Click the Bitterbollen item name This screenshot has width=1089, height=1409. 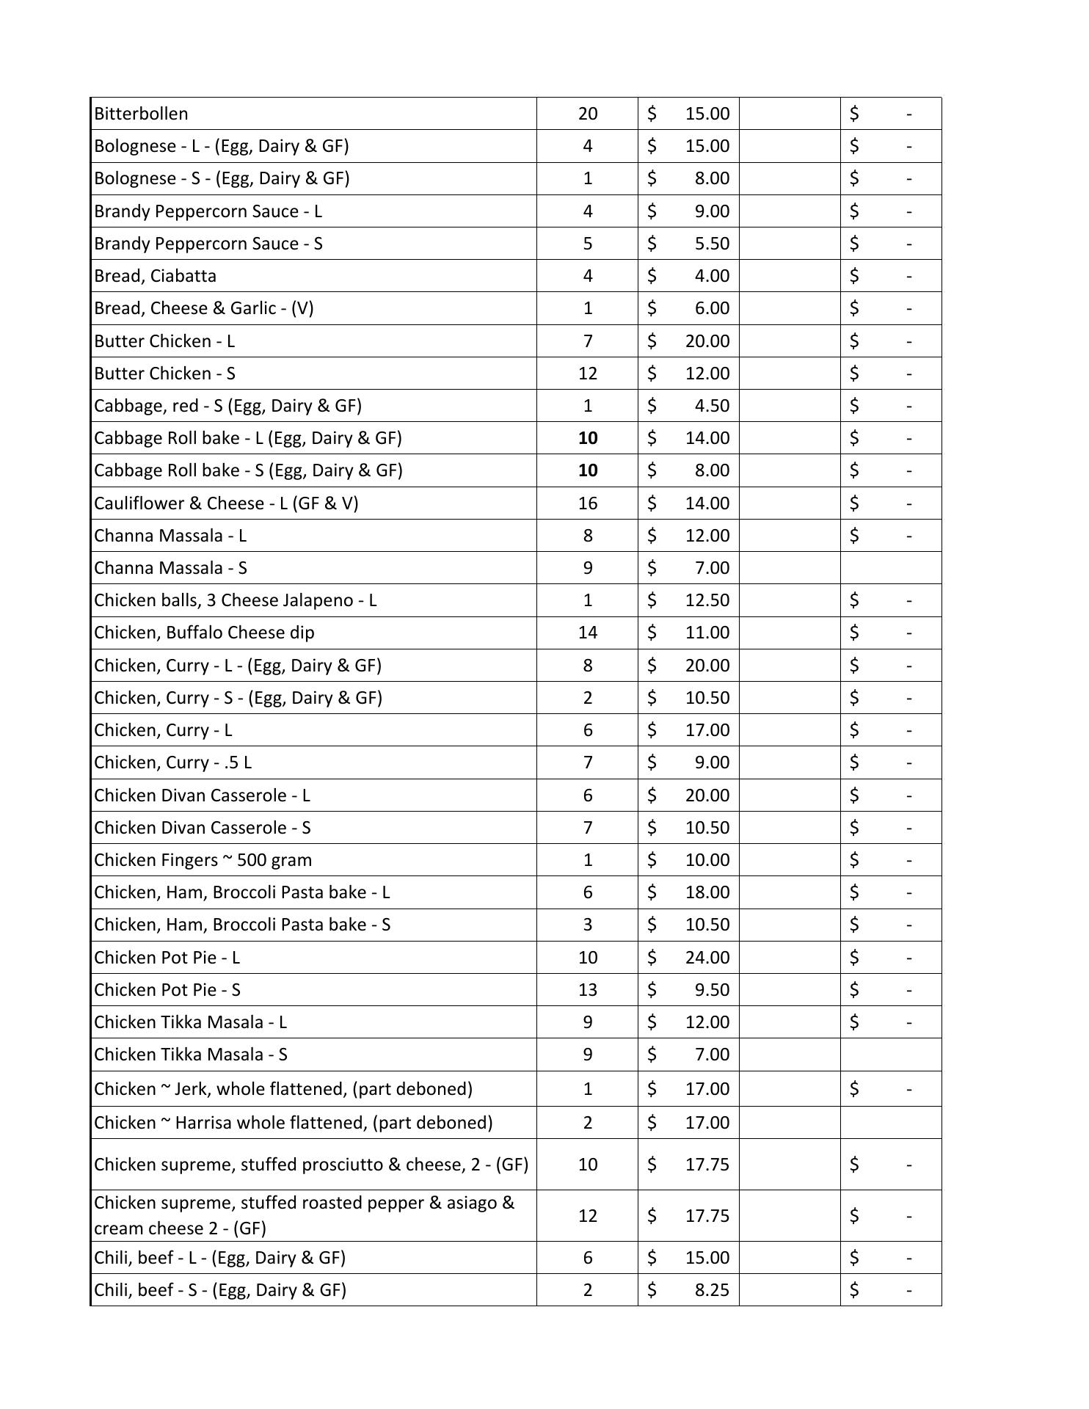pos(141,114)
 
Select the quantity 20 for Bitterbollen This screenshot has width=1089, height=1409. pos(587,114)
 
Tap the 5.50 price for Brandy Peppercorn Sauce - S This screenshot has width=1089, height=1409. pos(711,244)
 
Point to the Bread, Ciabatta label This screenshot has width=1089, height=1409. pos(155,276)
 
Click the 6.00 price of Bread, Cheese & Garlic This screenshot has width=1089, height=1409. pos(711,308)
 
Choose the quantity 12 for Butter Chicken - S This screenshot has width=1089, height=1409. pos(587,374)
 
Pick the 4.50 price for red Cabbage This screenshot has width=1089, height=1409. pos(711,406)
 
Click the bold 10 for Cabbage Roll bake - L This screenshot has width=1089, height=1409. pos(587,438)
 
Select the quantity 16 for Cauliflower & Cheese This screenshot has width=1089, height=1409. pos(587,503)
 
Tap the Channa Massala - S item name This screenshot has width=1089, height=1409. pos(170,568)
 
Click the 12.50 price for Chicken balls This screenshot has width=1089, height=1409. pos(707,600)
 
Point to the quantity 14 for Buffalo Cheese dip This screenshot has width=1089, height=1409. pos(587,633)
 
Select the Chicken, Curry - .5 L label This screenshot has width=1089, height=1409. pos(172,762)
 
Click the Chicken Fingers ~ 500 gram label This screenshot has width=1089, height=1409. pos(203,860)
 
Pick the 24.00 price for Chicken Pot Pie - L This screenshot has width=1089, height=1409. pos(707,958)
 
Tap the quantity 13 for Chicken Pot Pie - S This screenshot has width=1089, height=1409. pos(587,990)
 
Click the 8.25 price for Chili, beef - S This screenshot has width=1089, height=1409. pos(711,1290)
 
